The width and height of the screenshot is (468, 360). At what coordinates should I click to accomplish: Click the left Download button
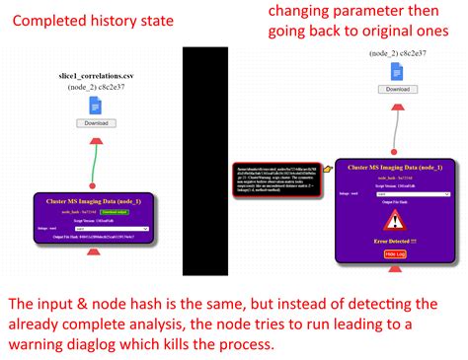[96, 123]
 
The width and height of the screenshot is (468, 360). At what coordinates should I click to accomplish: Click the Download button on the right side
[397, 89]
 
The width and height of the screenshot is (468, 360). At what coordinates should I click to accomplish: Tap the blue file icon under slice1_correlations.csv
[96, 105]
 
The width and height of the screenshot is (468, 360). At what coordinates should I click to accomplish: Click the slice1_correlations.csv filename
[96, 75]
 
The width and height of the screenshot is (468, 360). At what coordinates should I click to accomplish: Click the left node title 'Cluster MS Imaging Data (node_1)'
[94, 200]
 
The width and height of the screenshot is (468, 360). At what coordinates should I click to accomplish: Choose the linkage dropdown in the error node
[405, 194]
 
